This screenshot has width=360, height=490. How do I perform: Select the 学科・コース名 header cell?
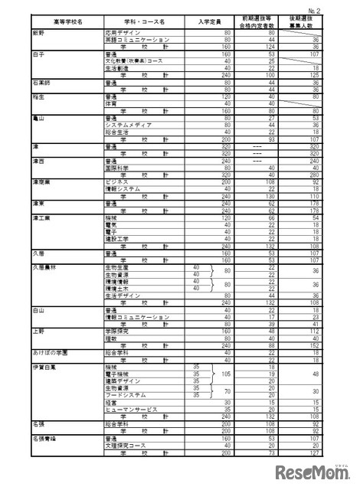(142, 20)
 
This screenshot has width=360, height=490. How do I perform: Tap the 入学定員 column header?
(209, 20)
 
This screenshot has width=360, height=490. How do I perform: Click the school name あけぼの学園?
(51, 351)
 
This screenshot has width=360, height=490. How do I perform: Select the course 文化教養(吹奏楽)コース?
(133, 60)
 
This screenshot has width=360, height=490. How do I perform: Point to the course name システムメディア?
(126, 124)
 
